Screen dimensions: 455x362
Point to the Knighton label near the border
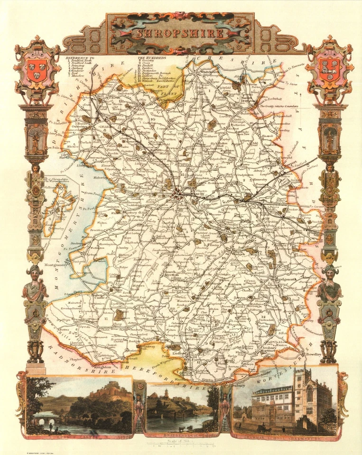pos(103,366)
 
